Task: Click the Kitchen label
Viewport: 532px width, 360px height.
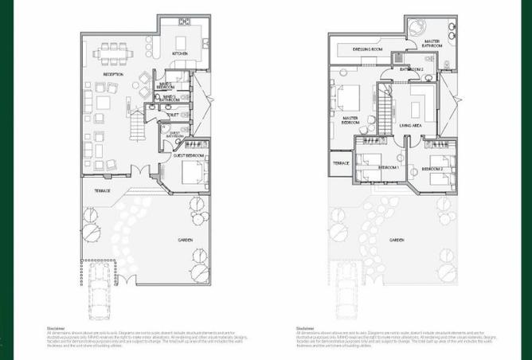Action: coord(180,54)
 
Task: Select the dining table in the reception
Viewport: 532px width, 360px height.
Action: coord(115,53)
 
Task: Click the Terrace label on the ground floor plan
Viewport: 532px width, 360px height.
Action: coord(102,191)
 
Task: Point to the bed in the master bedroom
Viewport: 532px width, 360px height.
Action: coord(348,99)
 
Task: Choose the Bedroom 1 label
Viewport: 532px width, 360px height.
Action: coord(388,168)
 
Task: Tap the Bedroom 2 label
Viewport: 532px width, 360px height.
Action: coord(432,170)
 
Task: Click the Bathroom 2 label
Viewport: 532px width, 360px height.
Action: coord(411,69)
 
